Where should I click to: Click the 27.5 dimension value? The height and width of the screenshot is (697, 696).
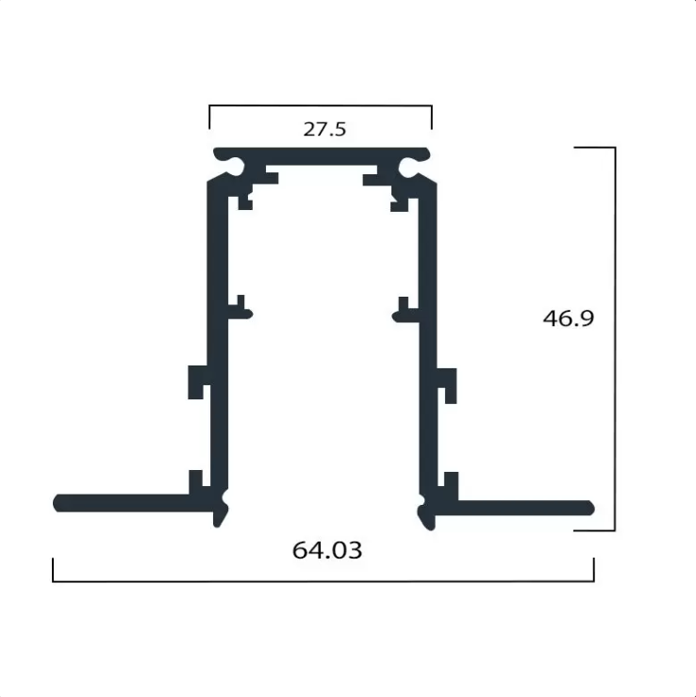point(324,129)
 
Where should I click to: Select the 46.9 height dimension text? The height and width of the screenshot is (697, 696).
point(569,318)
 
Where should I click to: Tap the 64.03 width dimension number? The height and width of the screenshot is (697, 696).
point(327,550)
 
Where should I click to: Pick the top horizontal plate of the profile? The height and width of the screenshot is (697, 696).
point(322,156)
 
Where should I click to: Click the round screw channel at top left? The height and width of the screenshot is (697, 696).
point(236,167)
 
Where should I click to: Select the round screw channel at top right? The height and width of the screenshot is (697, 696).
point(407,168)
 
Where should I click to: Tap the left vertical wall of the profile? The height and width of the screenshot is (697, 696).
point(219,338)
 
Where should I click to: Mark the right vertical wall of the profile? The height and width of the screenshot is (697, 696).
point(427,342)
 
